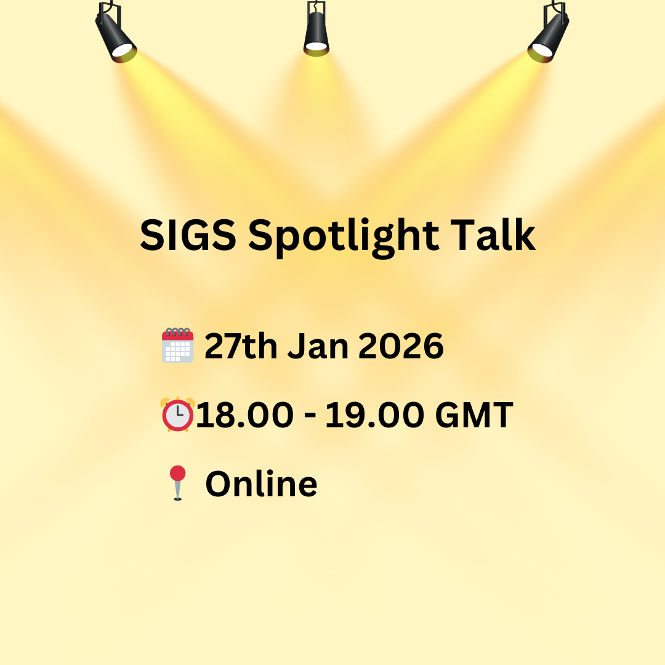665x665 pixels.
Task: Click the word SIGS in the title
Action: tap(188, 235)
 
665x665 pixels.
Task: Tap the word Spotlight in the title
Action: tap(344, 238)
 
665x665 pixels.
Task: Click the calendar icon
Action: tap(178, 345)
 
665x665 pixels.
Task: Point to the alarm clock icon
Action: tap(178, 414)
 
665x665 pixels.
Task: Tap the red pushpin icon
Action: tap(178, 483)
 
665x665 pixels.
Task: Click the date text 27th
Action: tap(241, 346)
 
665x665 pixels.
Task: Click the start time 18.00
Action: tap(244, 415)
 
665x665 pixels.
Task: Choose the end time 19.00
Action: tap(375, 415)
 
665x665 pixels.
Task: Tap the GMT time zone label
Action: tap(474, 415)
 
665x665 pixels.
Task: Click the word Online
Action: tap(261, 483)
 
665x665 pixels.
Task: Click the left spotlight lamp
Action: tap(115, 33)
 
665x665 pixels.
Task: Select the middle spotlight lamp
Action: tap(316, 29)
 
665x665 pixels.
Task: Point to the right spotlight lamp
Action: tap(549, 33)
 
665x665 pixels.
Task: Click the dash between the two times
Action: tap(310, 416)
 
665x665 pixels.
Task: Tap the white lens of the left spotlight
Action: tap(123, 50)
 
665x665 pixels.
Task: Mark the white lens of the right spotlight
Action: tap(542, 50)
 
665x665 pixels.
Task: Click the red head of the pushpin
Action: tap(178, 474)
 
